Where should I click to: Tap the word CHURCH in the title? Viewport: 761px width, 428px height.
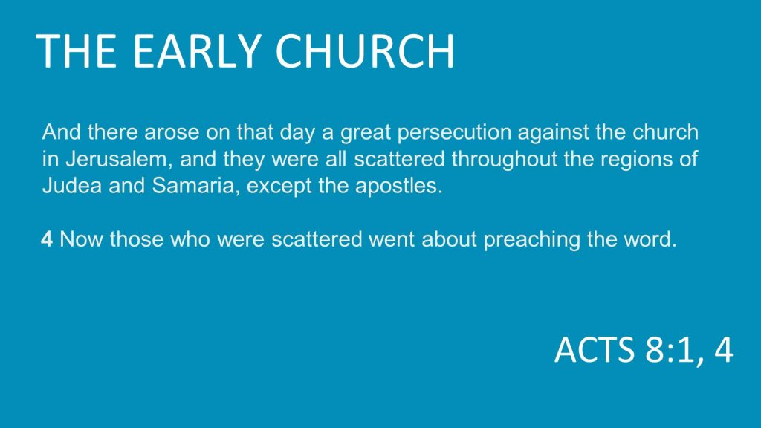coord(365,51)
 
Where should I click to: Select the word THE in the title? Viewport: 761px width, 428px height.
coord(77,51)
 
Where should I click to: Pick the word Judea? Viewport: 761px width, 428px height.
coord(72,185)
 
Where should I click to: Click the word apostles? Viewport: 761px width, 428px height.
coord(399,187)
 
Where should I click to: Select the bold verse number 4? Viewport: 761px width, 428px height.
coord(47,239)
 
